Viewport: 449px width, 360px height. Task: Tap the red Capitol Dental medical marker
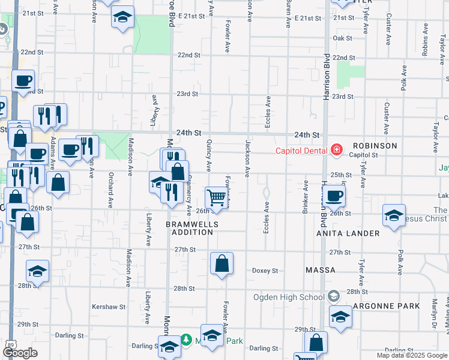(x=336, y=150)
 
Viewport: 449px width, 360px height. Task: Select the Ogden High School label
(x=289, y=297)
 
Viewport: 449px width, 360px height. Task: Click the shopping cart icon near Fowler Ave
(x=216, y=197)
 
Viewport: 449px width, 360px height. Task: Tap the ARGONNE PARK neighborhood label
(x=387, y=306)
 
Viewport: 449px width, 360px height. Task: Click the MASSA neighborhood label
(x=321, y=271)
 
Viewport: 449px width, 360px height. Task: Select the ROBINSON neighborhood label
(x=375, y=146)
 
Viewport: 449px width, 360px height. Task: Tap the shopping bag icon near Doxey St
(x=221, y=263)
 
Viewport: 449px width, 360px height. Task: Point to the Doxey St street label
(x=265, y=271)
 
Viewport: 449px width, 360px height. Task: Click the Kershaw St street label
(x=109, y=307)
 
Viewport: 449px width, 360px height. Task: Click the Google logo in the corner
(x=20, y=353)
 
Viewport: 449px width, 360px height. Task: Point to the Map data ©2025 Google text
(x=412, y=355)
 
